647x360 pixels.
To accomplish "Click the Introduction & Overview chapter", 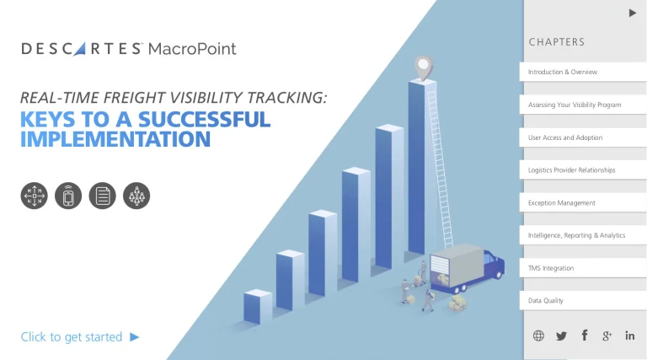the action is coord(583,72).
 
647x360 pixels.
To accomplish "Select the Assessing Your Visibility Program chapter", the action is coord(583,105).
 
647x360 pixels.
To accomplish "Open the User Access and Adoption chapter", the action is coord(583,137).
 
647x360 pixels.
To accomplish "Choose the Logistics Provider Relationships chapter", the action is coord(583,170).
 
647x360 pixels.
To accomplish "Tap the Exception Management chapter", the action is coord(583,202).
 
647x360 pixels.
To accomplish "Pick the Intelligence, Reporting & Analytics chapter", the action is coord(583,235).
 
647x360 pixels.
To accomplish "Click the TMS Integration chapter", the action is coord(583,268).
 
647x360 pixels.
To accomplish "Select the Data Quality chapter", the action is coord(583,300).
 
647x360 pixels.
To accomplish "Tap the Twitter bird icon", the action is coord(561,336).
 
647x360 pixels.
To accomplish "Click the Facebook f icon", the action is coord(585,336).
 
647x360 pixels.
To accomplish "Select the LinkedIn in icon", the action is coord(629,336).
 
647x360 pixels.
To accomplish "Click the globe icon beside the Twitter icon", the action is coord(538,336).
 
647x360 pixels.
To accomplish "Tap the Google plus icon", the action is coord(607,336).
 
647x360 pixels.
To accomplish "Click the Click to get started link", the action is coord(80,337).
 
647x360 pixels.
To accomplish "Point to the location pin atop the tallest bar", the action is coord(424,67).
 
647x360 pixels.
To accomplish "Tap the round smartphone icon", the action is coord(68,196).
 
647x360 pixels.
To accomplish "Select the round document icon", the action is coord(102,196).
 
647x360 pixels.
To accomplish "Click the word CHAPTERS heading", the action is coord(557,42).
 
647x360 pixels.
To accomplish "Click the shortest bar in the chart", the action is coord(258,306).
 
